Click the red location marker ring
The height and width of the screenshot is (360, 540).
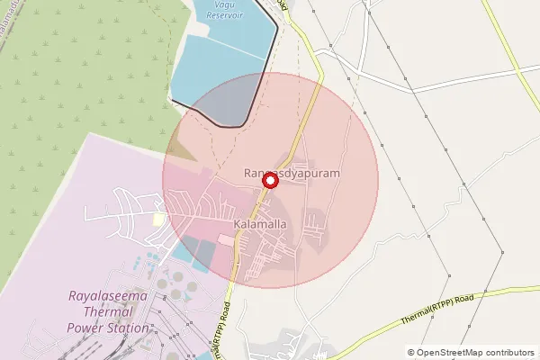[x=269, y=181]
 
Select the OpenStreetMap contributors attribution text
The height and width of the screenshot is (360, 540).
[x=471, y=352]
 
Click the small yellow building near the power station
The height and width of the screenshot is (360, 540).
[x=159, y=220]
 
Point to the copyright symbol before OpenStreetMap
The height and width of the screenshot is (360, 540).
[x=411, y=352]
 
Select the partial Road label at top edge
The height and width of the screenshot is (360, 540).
[x=284, y=4]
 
